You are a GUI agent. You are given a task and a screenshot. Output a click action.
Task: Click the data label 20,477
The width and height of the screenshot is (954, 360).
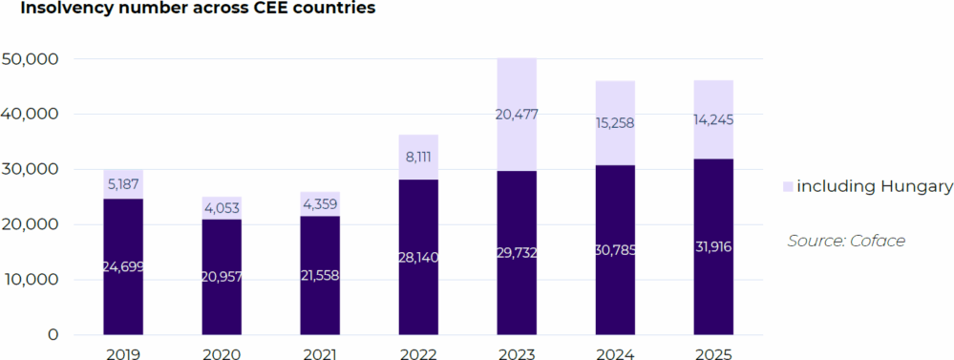[516, 115]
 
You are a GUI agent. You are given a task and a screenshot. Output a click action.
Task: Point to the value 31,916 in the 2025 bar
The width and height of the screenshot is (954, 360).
[712, 247]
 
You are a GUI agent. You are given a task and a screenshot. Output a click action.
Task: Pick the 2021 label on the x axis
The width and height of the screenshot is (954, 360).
[320, 353]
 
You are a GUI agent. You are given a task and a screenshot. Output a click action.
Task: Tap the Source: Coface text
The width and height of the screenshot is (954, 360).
[846, 241]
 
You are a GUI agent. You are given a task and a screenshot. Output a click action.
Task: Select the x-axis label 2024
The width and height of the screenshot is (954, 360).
[614, 353]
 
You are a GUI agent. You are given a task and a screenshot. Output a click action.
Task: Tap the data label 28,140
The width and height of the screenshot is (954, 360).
[417, 257]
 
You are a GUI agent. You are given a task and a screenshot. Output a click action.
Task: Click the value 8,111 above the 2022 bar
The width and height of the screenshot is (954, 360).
[417, 157]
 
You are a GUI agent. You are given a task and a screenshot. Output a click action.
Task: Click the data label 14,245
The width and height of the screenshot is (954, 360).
[712, 120]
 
